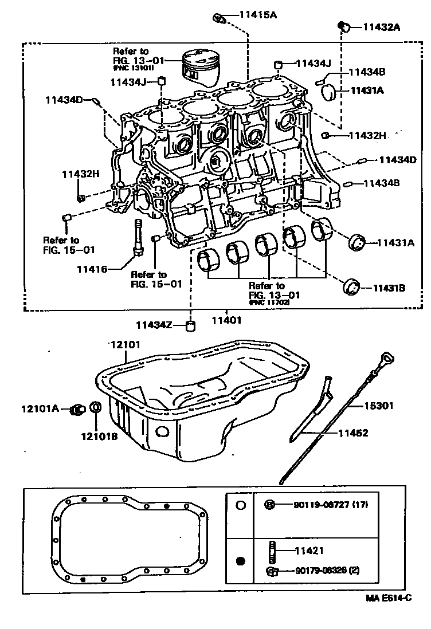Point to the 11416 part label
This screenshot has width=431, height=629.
click(x=92, y=268)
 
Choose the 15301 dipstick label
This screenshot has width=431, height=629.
click(x=379, y=406)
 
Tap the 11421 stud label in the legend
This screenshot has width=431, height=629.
click(x=310, y=551)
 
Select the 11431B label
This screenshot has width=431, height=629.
click(x=390, y=288)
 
